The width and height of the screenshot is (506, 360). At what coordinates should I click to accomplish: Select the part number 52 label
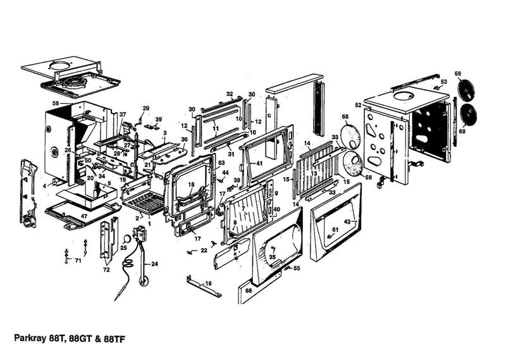pyautogui.click(x=358, y=105)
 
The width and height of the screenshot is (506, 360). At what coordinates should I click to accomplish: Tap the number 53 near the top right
pyautogui.click(x=443, y=82)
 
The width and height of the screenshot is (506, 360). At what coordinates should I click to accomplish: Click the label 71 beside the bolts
pyautogui.click(x=78, y=260)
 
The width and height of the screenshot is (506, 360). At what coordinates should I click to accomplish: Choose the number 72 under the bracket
pyautogui.click(x=106, y=270)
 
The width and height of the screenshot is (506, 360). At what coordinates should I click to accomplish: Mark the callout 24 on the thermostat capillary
pyautogui.click(x=154, y=263)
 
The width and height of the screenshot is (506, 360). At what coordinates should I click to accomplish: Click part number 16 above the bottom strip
pyautogui.click(x=208, y=283)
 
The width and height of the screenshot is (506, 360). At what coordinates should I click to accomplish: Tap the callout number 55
pyautogui.click(x=297, y=269)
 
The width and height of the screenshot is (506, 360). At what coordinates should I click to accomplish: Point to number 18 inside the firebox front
pyautogui.click(x=190, y=185)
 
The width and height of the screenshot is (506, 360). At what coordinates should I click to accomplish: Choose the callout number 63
pyautogui.click(x=221, y=163)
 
